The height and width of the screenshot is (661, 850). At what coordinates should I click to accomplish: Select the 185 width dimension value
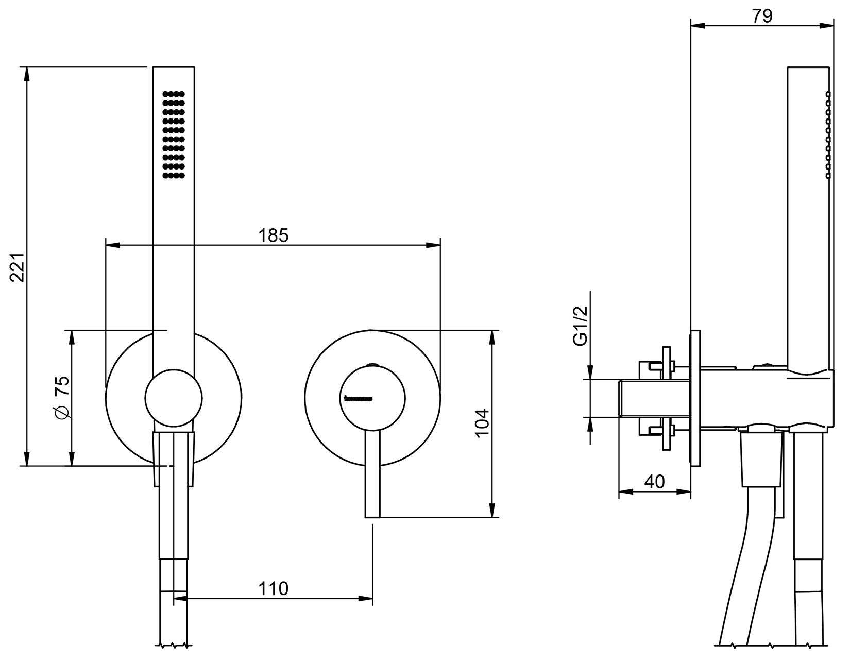[273, 235]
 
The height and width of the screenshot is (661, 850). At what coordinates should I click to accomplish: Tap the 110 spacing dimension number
[273, 588]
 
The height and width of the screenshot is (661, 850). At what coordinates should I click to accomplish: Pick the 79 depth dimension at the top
[762, 16]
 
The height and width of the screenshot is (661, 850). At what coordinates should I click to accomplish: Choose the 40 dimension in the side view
[654, 482]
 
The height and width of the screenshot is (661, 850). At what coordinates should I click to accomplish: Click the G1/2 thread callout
[581, 326]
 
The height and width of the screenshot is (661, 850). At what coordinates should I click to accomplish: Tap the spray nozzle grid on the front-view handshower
[174, 135]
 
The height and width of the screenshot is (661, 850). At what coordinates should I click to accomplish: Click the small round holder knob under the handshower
[174, 398]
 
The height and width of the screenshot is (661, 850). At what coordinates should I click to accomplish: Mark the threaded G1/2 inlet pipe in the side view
[654, 398]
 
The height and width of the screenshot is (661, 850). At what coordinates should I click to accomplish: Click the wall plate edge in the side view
[695, 398]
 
